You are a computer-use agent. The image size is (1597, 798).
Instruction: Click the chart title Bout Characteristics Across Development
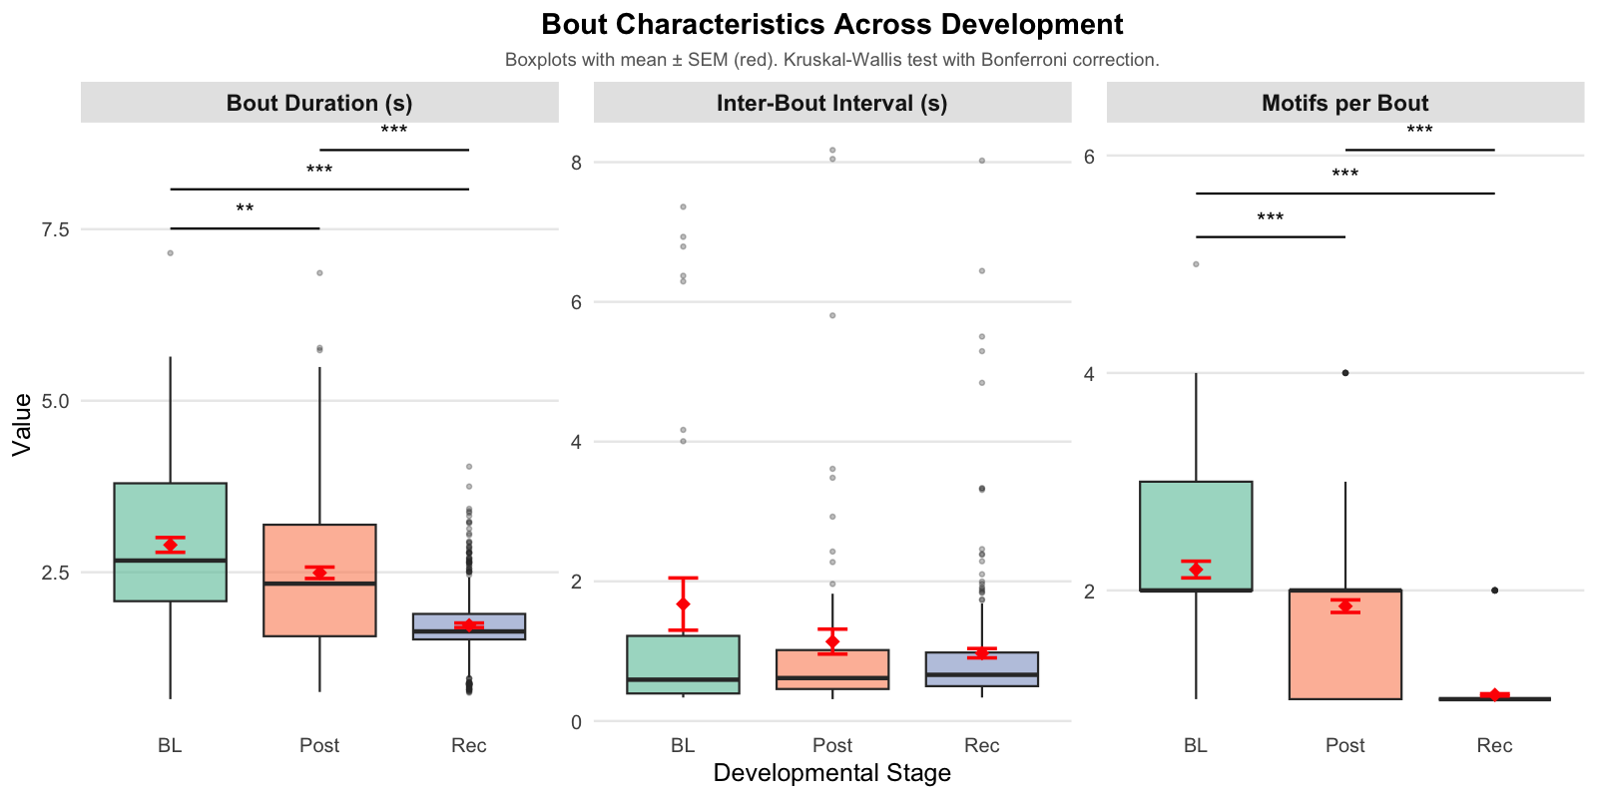831,24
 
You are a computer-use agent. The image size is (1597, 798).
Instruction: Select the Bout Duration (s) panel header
319,103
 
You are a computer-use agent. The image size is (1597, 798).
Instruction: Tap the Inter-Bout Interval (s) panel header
831,103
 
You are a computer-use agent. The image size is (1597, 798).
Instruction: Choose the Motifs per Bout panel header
1344,103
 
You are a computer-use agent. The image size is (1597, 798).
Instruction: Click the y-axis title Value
22,424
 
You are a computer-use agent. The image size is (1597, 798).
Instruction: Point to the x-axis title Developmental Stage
831,773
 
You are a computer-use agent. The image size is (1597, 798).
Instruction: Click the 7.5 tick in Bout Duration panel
56,229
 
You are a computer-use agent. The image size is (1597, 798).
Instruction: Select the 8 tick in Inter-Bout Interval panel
576,163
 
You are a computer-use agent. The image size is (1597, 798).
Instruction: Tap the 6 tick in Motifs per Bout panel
1089,156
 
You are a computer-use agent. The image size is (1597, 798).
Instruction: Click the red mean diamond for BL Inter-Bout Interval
683,604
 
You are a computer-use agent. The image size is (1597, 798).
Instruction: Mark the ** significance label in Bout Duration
245,209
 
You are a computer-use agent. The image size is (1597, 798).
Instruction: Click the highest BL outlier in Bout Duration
170,252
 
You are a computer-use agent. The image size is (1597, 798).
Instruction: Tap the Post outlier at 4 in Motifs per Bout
1344,373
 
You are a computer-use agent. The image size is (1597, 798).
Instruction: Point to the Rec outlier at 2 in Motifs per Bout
1494,591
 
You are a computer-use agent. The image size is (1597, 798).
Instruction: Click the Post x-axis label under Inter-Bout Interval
831,745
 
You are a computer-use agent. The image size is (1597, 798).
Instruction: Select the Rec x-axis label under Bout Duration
468,745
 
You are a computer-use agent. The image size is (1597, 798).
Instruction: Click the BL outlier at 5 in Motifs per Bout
1196,264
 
